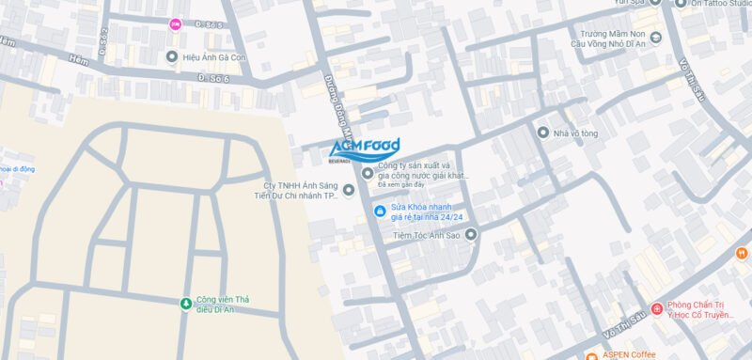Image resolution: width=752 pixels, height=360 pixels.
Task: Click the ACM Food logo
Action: click(365, 149)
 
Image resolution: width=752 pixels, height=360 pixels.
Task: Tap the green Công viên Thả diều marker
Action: click(185, 302)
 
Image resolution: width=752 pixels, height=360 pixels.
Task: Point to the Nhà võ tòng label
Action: click(575, 133)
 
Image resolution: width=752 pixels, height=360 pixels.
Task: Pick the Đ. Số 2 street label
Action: click(102, 40)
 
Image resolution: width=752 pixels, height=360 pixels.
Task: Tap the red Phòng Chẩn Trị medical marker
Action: click(656, 309)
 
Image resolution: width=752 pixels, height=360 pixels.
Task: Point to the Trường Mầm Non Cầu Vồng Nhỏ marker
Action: click(655, 38)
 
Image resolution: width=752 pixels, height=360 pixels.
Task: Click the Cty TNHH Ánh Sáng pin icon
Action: click(349, 191)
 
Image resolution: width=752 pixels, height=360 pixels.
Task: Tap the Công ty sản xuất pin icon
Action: click(367, 172)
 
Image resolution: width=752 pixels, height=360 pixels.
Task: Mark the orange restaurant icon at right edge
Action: click(742, 253)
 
